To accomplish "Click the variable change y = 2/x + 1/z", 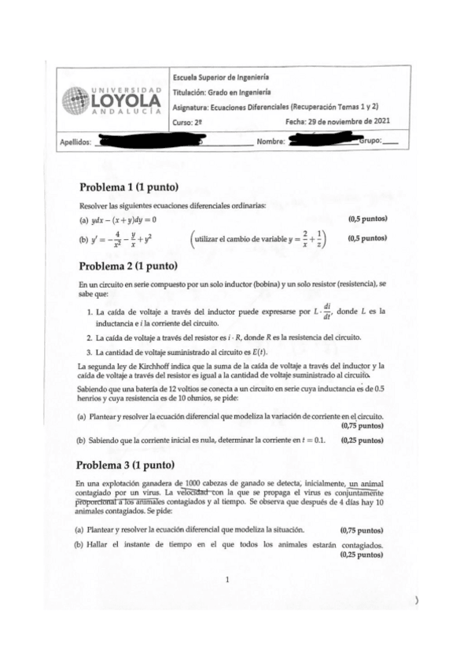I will point(301,238).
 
